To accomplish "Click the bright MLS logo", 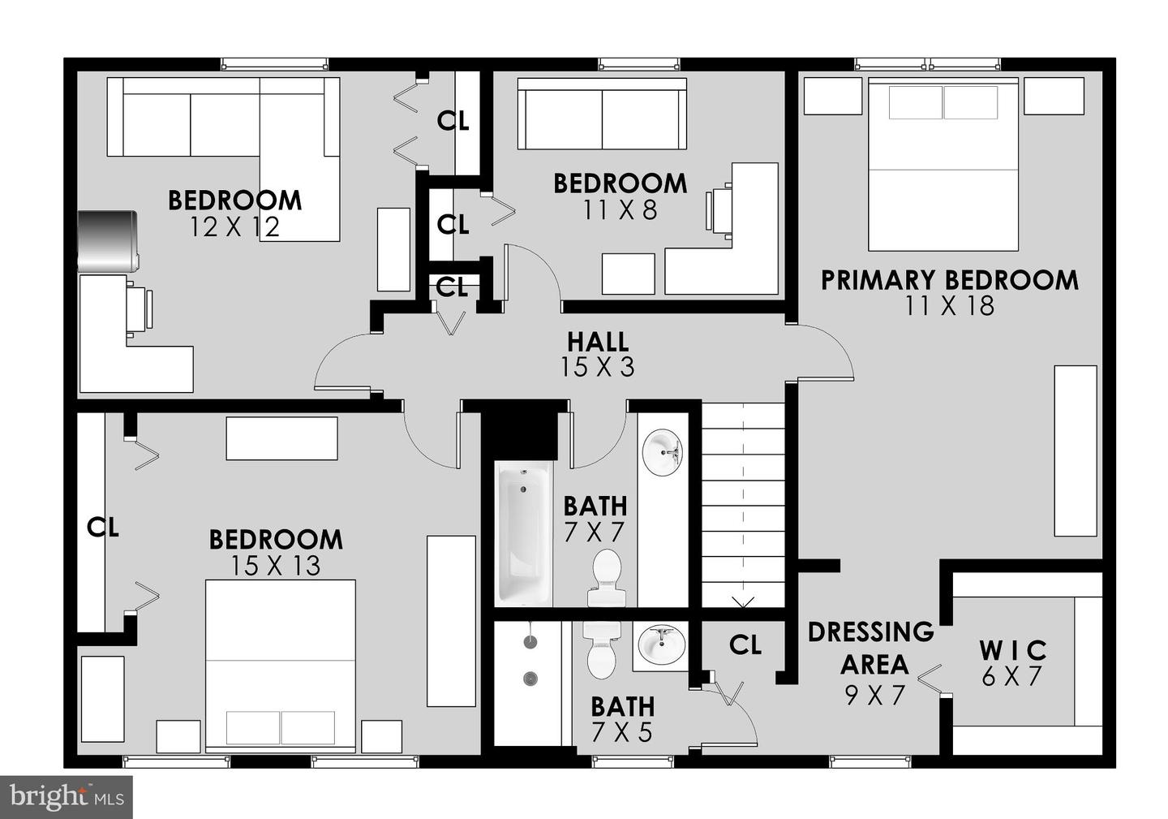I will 67,796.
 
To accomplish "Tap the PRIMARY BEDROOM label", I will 949,280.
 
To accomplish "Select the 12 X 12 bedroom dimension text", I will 234,227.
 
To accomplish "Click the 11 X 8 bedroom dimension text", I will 620,210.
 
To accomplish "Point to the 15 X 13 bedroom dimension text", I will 275,566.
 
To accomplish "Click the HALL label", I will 598,341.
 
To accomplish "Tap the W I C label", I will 1012,650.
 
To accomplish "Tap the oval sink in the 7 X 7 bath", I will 663,452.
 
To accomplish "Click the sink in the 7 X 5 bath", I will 660,644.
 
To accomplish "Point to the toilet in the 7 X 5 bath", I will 602,649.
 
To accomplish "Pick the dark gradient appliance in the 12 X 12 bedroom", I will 107,241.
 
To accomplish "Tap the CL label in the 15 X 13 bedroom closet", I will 103,528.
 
